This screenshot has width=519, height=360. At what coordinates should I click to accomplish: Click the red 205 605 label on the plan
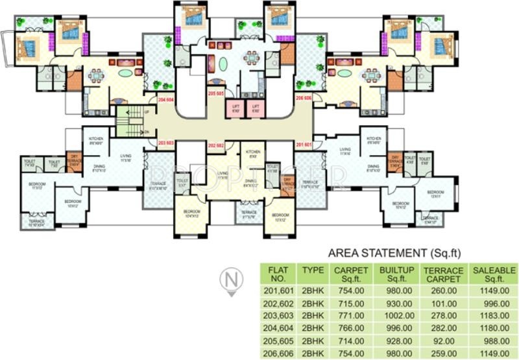[x=216, y=93]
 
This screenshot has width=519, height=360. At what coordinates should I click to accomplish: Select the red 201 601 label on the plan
[x=304, y=144]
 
